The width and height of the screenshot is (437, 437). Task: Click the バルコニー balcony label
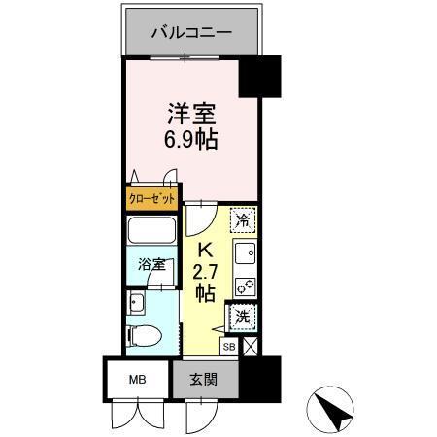191,33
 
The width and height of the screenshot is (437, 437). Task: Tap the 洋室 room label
190,113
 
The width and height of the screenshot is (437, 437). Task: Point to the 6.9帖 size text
190,139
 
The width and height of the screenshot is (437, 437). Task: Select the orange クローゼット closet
152,199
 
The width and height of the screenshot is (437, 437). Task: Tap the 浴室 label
151,264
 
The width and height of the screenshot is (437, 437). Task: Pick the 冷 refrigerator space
244,220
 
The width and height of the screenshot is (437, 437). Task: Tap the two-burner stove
245,286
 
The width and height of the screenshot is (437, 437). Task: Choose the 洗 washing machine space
243,317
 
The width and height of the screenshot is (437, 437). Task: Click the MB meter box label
137,377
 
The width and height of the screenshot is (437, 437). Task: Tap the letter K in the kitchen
206,251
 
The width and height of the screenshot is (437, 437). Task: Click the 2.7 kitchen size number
205,272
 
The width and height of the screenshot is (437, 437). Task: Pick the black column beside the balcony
259,77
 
